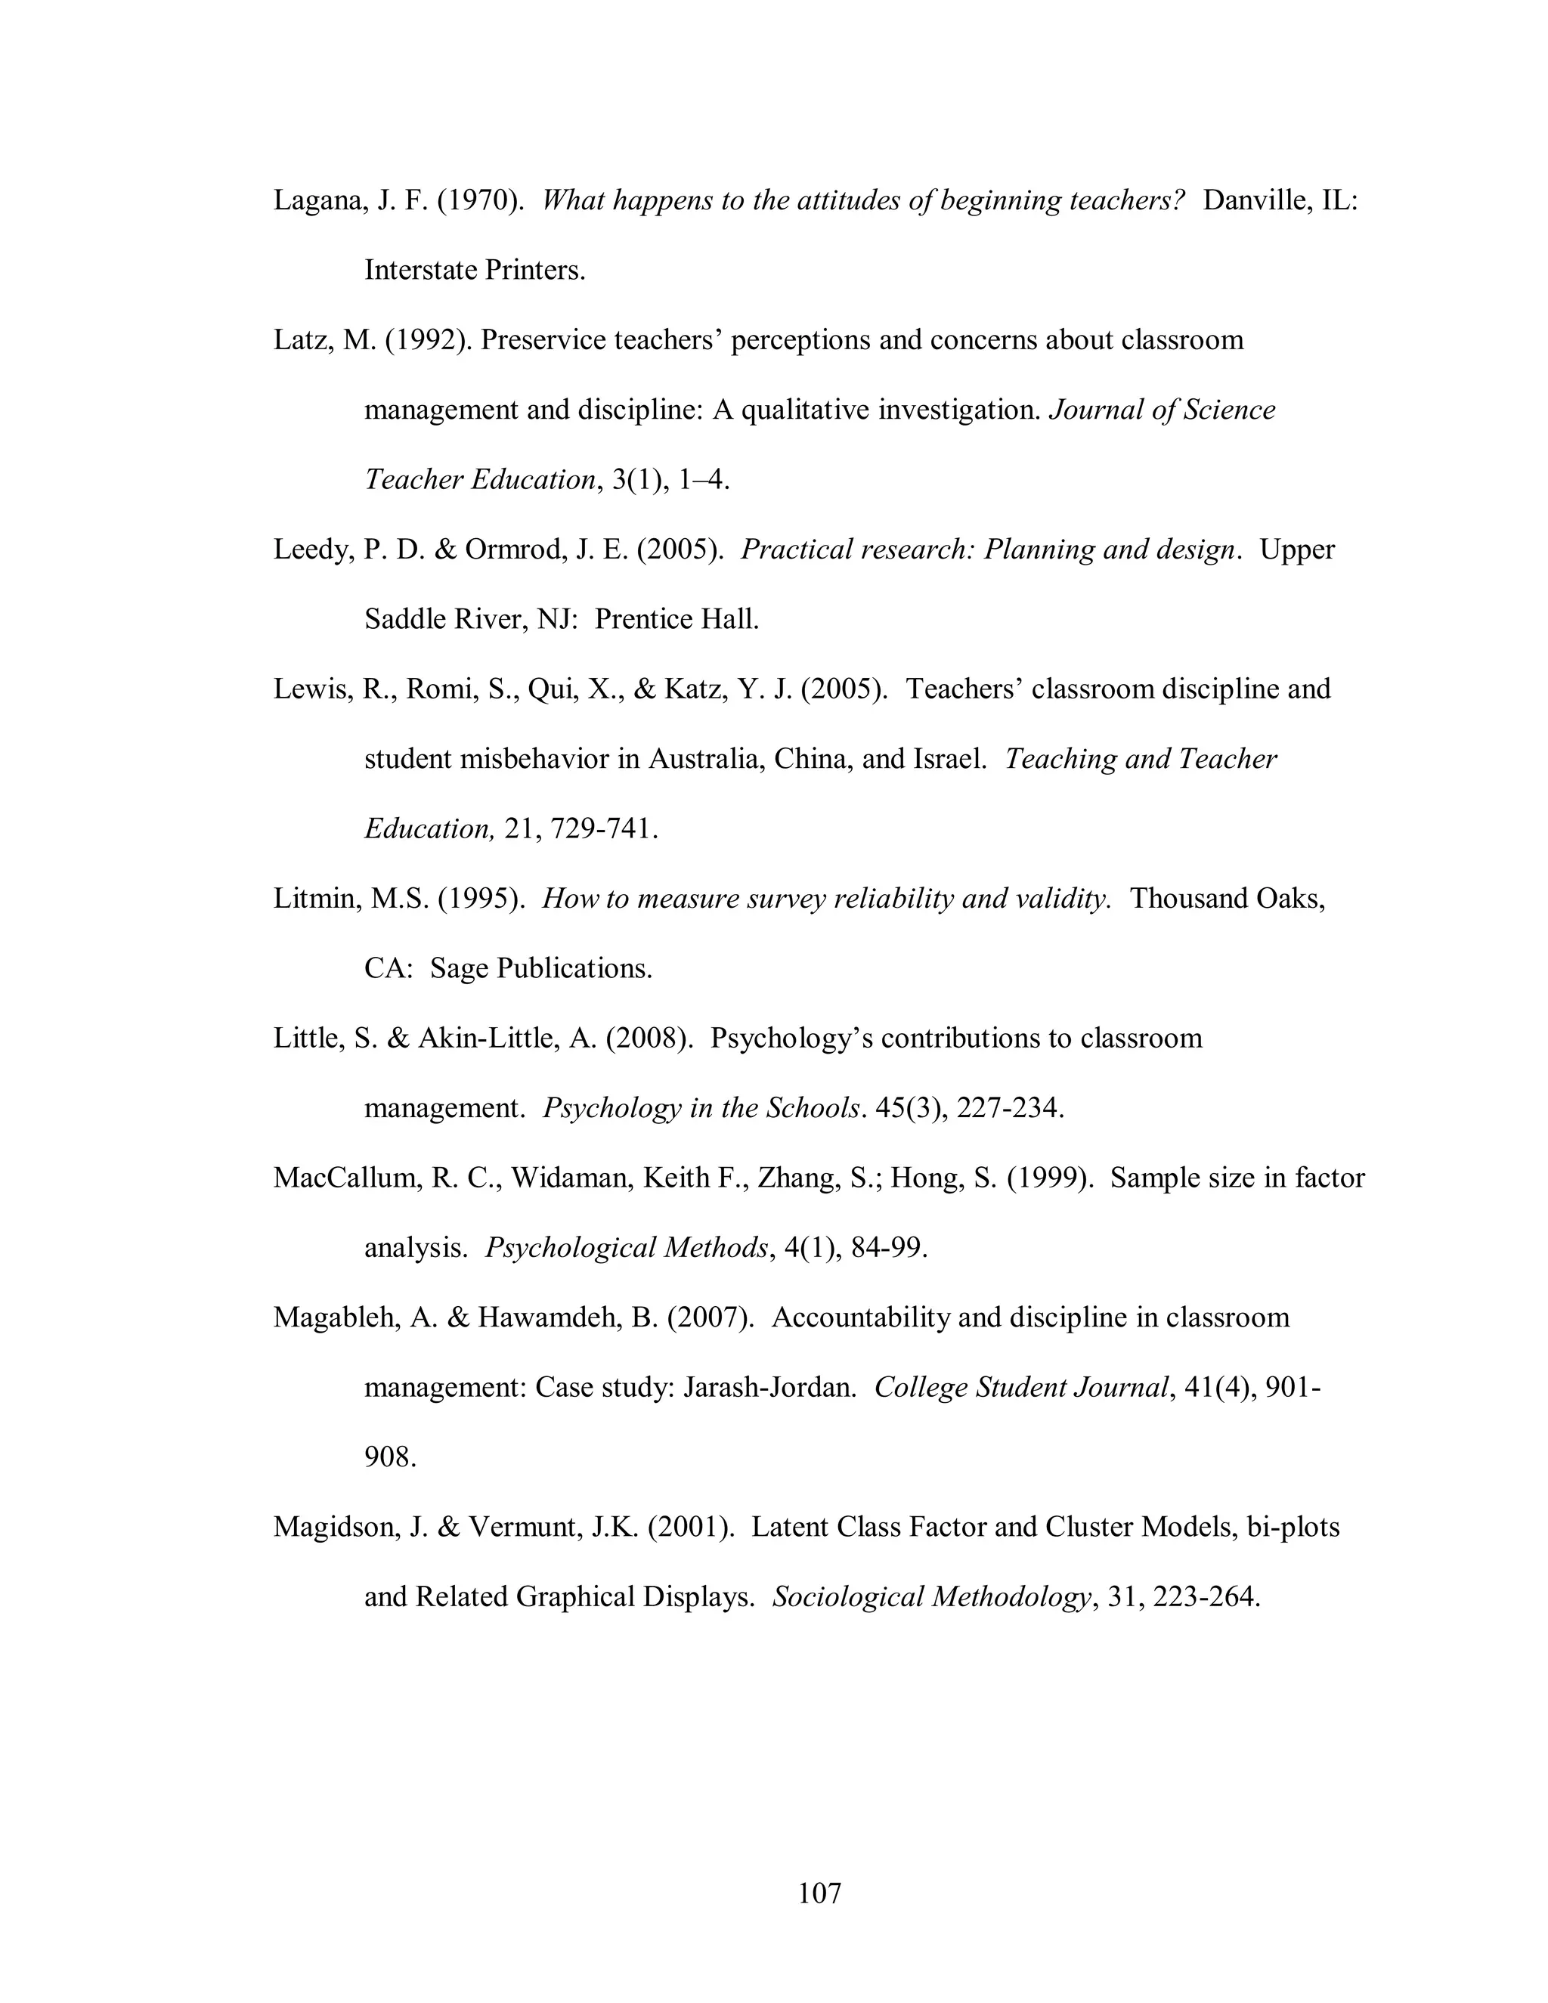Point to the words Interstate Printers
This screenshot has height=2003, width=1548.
tap(474, 271)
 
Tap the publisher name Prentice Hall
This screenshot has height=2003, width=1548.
tap(676, 620)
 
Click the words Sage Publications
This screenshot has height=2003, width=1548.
tap(540, 968)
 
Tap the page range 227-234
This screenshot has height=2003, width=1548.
tap(1010, 1109)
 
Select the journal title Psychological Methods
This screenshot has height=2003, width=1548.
tap(625, 1248)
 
